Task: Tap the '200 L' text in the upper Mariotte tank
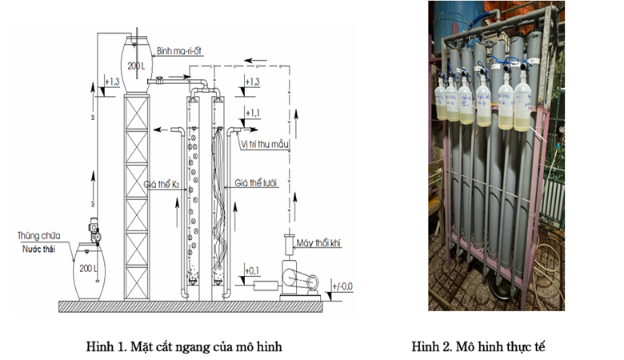(x=136, y=65)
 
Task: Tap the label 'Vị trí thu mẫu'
(x=264, y=145)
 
